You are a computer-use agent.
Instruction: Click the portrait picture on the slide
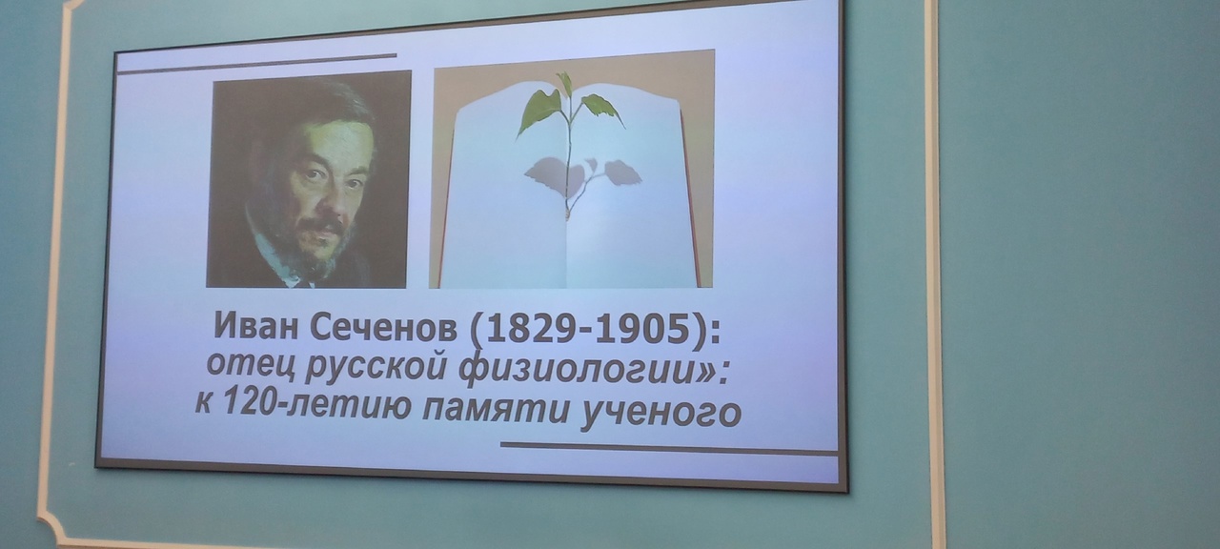pyautogui.click(x=308, y=178)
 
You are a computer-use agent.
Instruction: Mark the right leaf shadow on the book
pyautogui.click(x=623, y=172)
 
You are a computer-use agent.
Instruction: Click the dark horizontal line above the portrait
pyautogui.click(x=256, y=64)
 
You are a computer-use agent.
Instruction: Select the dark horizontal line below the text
pyautogui.click(x=669, y=448)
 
